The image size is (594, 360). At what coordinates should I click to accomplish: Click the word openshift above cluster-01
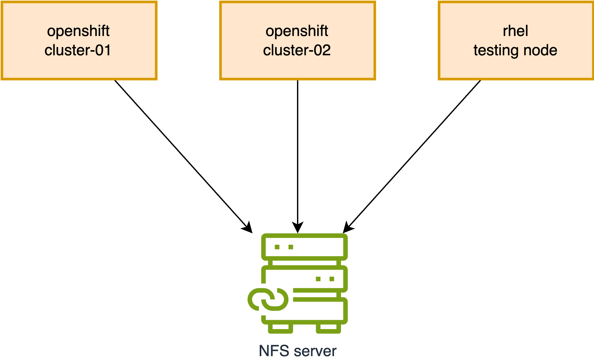point(78,31)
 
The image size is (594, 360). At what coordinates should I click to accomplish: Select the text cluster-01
point(78,50)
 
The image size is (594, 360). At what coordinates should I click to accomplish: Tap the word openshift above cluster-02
point(297,31)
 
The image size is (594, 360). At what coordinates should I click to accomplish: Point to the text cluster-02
point(297,50)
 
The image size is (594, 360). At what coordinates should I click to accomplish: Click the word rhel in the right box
point(515,31)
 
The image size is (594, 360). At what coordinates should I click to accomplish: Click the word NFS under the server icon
point(274,351)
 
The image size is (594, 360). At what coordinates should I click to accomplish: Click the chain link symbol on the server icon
point(268,299)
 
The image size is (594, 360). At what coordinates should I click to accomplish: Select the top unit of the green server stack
point(304,247)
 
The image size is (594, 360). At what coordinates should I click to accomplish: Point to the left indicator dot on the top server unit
point(277,247)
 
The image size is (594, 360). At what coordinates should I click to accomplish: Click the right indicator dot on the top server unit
point(291,247)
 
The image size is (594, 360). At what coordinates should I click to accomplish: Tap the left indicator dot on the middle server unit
point(318,279)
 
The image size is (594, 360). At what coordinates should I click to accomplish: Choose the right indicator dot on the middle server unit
point(332,279)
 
